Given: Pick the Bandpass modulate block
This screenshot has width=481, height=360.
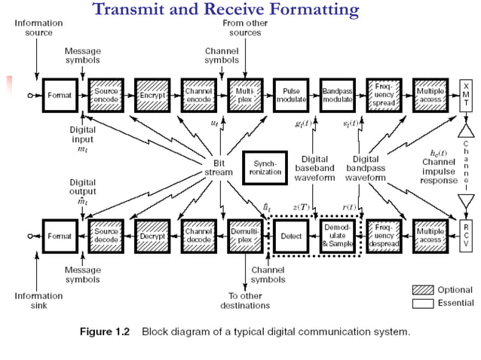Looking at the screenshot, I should pos(337,96).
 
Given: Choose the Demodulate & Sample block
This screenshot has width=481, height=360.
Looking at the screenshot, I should pos(337,236).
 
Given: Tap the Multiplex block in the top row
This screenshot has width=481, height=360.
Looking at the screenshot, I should pos(244,96).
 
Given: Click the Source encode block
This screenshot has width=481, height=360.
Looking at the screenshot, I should pos(106,96).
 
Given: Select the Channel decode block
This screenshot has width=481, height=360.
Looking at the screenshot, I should pos(198,236).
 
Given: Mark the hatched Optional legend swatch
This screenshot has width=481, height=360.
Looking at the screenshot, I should pos(423,290).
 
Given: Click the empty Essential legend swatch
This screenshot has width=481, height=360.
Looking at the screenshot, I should pos(423,304).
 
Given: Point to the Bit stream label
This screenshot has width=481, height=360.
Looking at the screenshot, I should pos(219,166).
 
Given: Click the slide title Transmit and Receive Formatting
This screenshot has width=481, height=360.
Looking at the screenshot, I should pos(225,10).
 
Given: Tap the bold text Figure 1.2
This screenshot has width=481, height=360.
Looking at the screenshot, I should pos(105,331).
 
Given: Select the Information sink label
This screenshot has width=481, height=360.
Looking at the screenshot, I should pos(38,301).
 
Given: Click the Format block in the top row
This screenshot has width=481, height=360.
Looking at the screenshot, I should pos(60,96).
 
